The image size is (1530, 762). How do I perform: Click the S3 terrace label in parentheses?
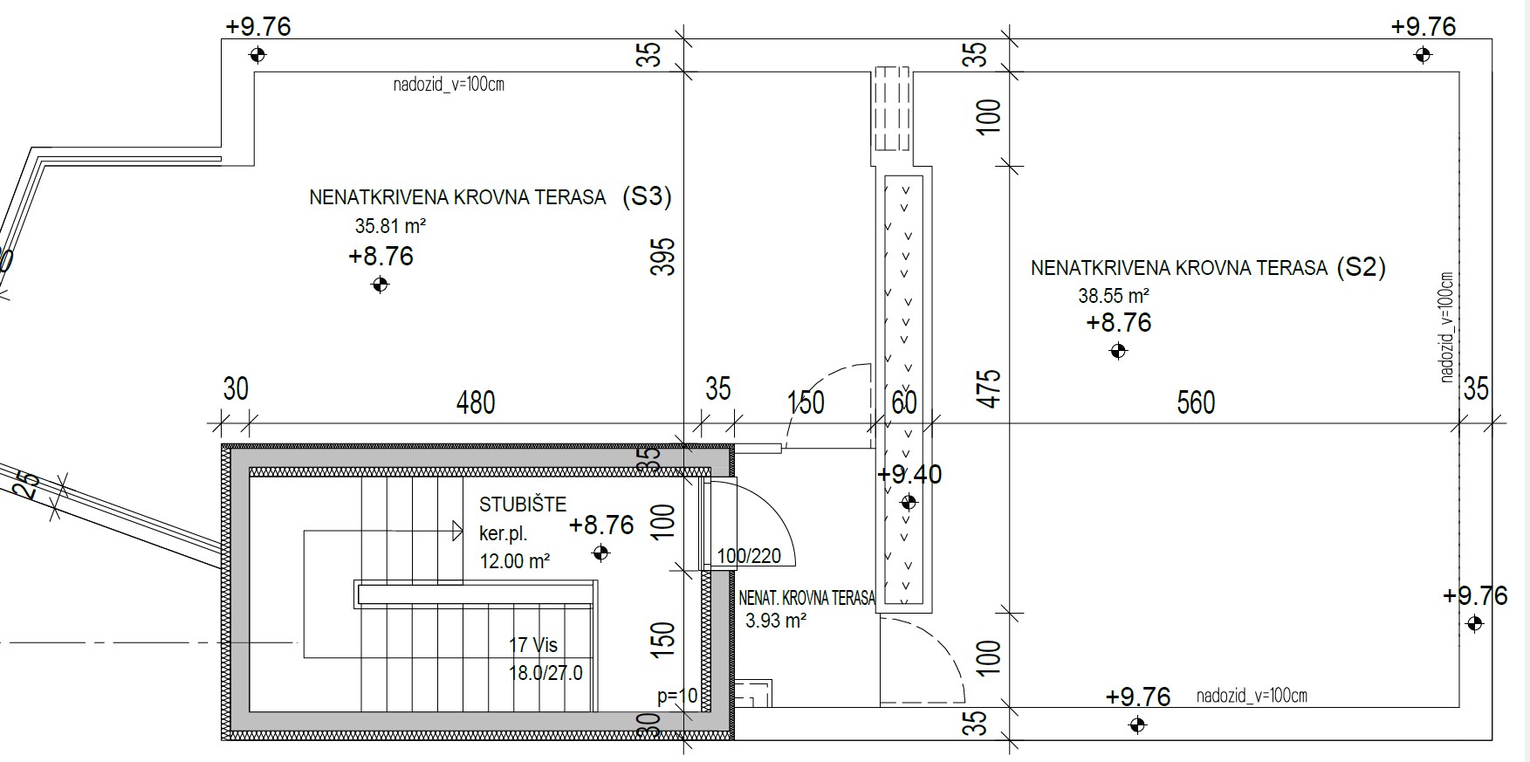(647, 196)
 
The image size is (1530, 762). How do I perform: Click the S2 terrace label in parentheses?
(1361, 267)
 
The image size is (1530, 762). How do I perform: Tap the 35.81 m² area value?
(390, 226)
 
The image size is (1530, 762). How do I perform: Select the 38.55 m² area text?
(1114, 296)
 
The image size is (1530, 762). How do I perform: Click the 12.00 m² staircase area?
(515, 561)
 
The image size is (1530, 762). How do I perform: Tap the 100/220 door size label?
(749, 556)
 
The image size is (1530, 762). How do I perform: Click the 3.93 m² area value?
(776, 621)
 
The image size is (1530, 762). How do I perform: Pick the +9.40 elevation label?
(909, 475)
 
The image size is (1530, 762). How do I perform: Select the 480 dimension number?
(476, 402)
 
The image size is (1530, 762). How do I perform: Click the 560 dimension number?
(1196, 402)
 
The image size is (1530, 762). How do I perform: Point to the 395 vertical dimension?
(663, 257)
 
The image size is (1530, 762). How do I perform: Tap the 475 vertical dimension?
(988, 388)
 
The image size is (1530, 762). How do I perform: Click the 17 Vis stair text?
(533, 645)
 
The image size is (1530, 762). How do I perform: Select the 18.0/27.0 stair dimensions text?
(545, 673)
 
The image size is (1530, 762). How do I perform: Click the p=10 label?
(678, 696)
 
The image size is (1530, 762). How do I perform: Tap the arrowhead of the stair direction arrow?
(457, 530)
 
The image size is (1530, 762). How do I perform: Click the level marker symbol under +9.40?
(909, 502)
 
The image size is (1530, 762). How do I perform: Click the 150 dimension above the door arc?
(806, 402)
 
